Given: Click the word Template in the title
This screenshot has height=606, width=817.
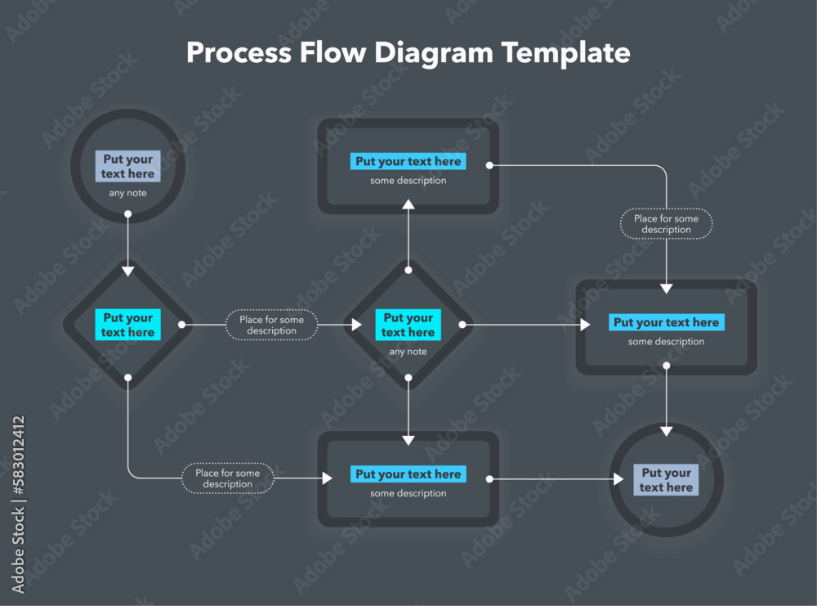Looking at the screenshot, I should click(565, 52).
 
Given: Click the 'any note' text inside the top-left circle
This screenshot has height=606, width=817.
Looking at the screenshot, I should click(128, 194).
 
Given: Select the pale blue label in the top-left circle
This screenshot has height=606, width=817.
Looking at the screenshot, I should click(128, 166).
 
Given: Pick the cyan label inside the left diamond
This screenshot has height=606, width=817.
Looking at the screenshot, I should click(128, 325).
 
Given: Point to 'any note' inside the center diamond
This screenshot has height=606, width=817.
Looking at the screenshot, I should click(408, 352).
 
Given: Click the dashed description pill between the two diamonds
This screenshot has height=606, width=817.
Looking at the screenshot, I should click(271, 325).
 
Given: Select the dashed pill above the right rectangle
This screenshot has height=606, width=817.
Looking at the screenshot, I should click(666, 224).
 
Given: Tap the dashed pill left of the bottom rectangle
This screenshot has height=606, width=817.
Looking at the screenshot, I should click(227, 478).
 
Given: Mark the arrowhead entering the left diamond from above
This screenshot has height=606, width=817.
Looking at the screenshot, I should click(128, 271).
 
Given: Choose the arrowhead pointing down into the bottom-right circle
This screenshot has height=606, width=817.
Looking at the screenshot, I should click(667, 430).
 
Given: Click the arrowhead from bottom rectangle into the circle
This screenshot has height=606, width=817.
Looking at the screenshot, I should click(618, 479).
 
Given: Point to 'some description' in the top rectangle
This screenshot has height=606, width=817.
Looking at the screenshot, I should click(408, 181).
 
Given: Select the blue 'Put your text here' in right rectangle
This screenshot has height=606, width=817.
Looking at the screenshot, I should click(666, 322).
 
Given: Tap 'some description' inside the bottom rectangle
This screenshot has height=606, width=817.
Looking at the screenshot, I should click(408, 493).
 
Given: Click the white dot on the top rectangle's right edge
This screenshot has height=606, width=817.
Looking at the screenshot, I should click(489, 165).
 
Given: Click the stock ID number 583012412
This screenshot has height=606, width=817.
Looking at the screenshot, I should click(18, 461).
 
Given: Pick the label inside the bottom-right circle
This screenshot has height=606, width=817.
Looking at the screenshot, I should click(667, 480).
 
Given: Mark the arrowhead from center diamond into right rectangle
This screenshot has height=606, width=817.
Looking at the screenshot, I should click(585, 325).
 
